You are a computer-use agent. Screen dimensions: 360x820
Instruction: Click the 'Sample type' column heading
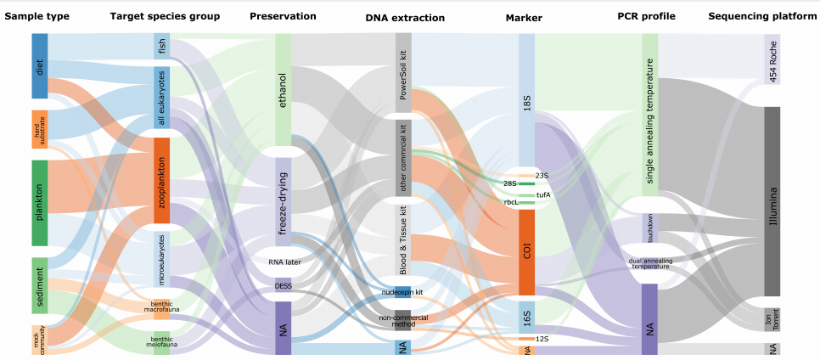click(37, 16)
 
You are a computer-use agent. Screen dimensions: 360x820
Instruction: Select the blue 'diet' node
click(40, 66)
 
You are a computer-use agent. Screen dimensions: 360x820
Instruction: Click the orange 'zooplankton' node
click(162, 180)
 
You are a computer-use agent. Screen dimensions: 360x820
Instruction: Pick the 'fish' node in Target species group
click(162, 46)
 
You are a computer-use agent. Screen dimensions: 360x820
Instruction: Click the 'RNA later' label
click(284, 262)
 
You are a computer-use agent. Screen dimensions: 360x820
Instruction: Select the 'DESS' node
click(284, 285)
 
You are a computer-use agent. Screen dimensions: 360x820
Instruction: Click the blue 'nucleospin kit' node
click(403, 292)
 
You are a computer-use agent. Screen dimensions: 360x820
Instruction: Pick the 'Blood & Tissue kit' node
click(403, 235)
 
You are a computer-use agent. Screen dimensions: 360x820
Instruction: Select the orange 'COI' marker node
click(526, 252)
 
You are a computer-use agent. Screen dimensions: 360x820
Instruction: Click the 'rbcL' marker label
click(513, 203)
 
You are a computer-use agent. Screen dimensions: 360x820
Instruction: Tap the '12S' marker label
click(531, 339)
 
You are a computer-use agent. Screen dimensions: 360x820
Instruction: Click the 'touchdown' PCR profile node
click(650, 228)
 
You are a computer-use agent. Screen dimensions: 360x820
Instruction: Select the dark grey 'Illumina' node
click(772, 201)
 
